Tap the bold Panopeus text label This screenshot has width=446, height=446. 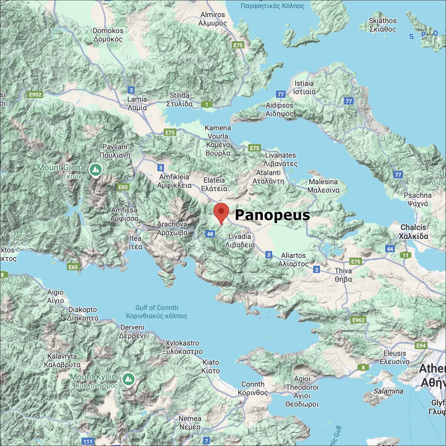pyautogui.click(x=272, y=215)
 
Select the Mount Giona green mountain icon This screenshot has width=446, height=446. pyautogui.click(x=95, y=170)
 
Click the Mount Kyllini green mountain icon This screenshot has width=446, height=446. pyautogui.click(x=128, y=379)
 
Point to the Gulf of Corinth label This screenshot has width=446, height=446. pyautogui.click(x=157, y=312)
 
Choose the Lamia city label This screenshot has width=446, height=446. pyautogui.click(x=137, y=103)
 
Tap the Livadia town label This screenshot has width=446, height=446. pyautogui.click(x=240, y=241)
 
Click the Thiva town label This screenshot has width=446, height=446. pyautogui.click(x=343, y=275)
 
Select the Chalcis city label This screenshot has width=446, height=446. pyautogui.click(x=413, y=231)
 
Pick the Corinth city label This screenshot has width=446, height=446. pyautogui.click(x=253, y=388)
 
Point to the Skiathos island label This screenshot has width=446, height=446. pyautogui.click(x=383, y=25)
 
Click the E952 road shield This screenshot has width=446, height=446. pyautogui.click(x=35, y=95)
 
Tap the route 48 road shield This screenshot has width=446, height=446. pyautogui.click(x=210, y=234)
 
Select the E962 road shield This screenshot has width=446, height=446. pyautogui.click(x=358, y=320)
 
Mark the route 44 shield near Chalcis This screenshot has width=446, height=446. pyautogui.click(x=390, y=249)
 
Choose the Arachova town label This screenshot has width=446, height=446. pyautogui.click(x=172, y=228)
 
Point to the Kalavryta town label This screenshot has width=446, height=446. pyautogui.click(x=62, y=360)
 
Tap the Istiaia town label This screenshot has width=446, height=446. pyautogui.click(x=304, y=87)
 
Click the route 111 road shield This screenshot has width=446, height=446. pyautogui.click(x=88, y=442)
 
